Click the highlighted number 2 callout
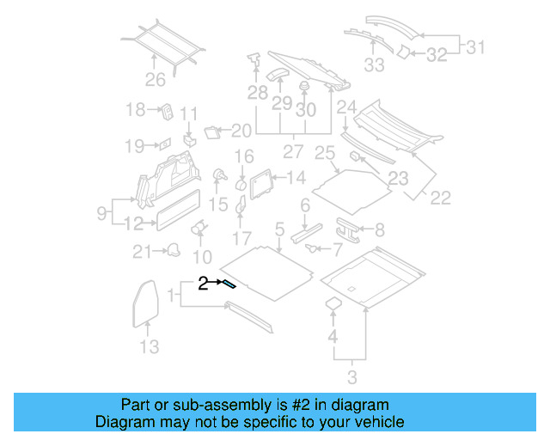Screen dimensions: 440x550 pos(204,282)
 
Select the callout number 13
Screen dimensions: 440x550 pos(149,347)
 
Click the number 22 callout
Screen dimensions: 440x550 pos(440,198)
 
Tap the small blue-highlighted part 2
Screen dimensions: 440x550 pos(229,284)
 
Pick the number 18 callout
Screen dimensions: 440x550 pos(136,110)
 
